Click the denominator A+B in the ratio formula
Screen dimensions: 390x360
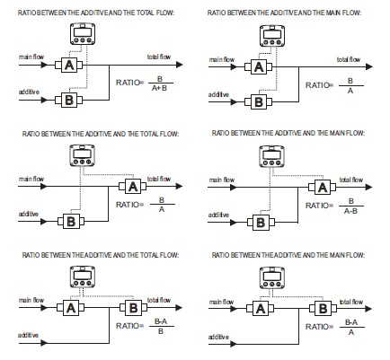159,88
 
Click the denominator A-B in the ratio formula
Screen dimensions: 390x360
350,211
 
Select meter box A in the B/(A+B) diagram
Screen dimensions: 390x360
69,65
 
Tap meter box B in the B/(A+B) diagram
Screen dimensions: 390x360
69,100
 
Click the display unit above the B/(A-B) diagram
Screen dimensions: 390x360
271,156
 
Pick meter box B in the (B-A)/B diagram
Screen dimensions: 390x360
133,307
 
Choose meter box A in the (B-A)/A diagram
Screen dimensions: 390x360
261,309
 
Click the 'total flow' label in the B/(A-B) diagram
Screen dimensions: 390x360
351,180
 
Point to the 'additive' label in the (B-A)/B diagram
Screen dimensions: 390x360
28,335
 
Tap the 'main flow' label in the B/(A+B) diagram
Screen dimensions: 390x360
31,57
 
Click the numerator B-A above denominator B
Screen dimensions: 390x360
161,321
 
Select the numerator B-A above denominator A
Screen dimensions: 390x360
351,322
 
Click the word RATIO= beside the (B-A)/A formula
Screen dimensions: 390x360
319,327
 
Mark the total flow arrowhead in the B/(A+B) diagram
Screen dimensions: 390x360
179,65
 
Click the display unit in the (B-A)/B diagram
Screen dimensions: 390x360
83,277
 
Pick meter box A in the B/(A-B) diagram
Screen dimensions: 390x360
323,188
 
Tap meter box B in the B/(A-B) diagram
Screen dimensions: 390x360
261,223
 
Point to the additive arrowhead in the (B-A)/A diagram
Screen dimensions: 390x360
234,344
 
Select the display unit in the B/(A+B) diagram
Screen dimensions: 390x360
83,34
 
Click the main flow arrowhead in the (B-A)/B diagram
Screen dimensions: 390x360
44,307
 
